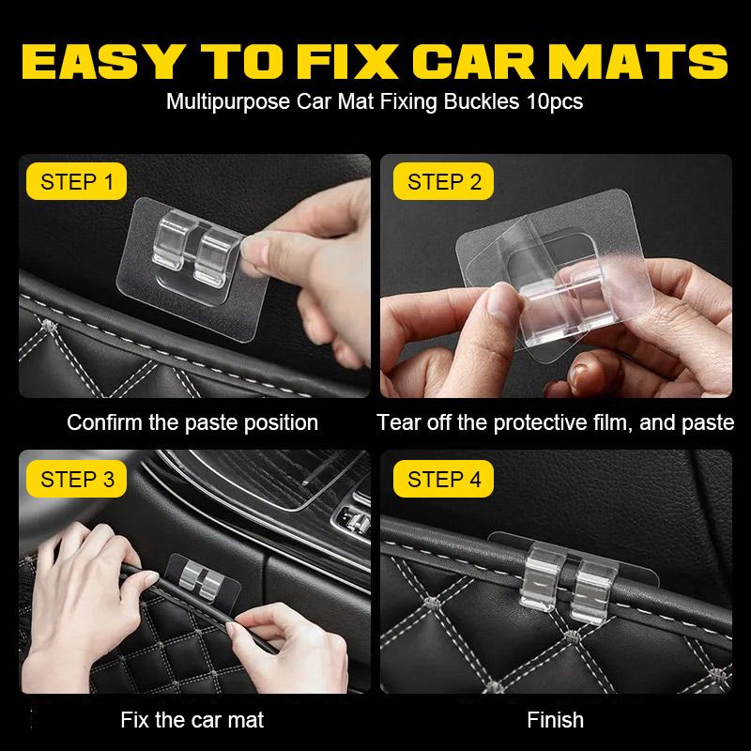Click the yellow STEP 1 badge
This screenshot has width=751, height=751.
point(77,181)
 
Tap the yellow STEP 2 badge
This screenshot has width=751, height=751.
point(444,181)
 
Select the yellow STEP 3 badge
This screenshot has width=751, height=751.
point(77,480)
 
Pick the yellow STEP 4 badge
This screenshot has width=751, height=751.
point(444,480)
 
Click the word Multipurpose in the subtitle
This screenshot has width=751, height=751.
point(228,101)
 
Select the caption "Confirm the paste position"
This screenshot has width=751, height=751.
point(192,422)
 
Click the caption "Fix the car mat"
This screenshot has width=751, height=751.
point(192,720)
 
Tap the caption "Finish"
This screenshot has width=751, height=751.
point(555,720)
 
